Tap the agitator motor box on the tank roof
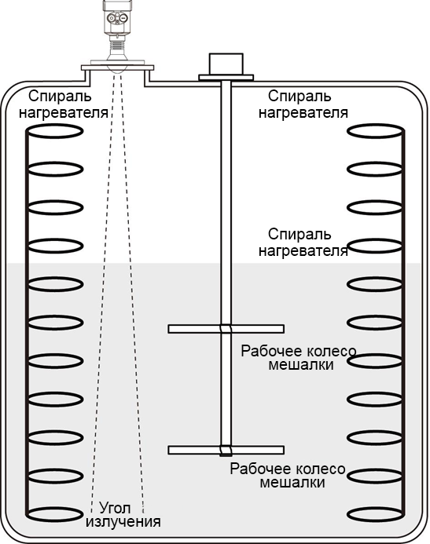point(226,64)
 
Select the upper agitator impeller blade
point(226,329)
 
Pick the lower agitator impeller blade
point(226,450)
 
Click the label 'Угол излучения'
point(123,514)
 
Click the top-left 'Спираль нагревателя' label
point(63,104)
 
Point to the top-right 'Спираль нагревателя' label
point(303,104)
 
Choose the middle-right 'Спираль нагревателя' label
point(303,242)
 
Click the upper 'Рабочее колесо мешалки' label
point(299,358)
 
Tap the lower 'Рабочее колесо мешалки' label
point(288,476)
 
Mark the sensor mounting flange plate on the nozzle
point(117,68)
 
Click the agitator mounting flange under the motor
point(226,78)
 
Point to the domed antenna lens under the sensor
point(117,69)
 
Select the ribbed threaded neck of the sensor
point(117,44)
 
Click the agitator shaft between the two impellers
point(226,389)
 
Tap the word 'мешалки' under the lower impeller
point(292,483)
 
